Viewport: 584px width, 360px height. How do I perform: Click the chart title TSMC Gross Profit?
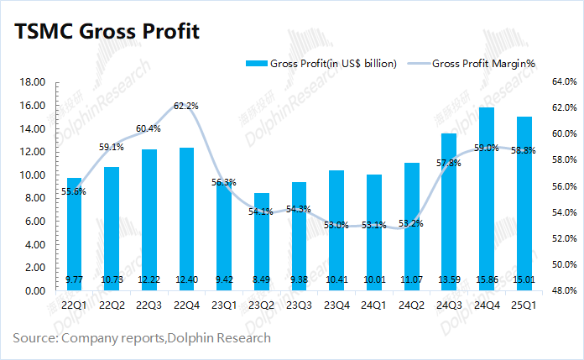[x=106, y=33]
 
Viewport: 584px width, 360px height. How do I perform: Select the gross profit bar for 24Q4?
[x=485, y=201]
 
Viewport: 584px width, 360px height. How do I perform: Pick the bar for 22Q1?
[x=74, y=235]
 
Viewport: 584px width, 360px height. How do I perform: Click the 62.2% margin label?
[x=186, y=106]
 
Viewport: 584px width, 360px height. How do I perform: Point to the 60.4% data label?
[x=149, y=128]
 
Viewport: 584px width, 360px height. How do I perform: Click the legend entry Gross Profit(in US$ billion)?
[x=323, y=64]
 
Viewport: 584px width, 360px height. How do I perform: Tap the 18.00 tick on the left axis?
[x=33, y=82]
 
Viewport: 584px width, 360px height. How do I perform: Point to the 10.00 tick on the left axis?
[x=33, y=175]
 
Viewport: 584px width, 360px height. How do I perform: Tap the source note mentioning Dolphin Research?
[x=142, y=338]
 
